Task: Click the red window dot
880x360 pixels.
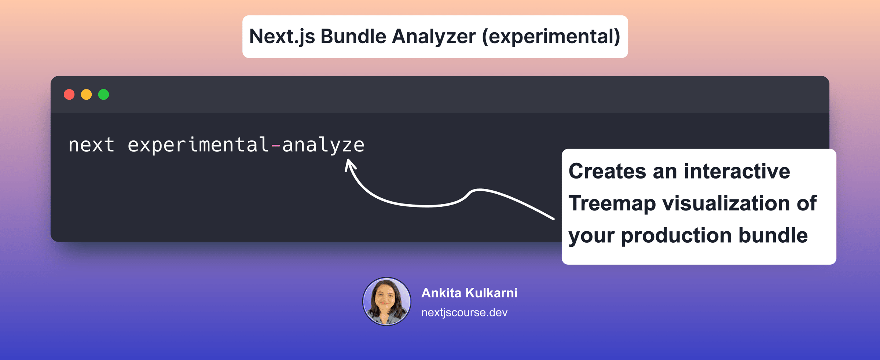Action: point(69,95)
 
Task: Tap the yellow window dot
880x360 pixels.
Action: point(86,95)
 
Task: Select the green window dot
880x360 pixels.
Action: point(103,95)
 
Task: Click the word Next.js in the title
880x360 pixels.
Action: point(282,37)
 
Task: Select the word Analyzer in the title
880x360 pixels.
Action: point(433,37)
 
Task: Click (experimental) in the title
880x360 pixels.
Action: point(551,37)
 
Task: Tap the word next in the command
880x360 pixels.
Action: point(91,145)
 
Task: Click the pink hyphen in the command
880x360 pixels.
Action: point(276,146)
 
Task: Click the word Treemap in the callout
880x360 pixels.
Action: point(612,204)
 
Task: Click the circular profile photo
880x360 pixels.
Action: point(386,301)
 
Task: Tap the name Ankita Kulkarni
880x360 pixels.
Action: point(469,293)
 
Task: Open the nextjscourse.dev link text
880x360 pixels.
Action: point(464,312)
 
